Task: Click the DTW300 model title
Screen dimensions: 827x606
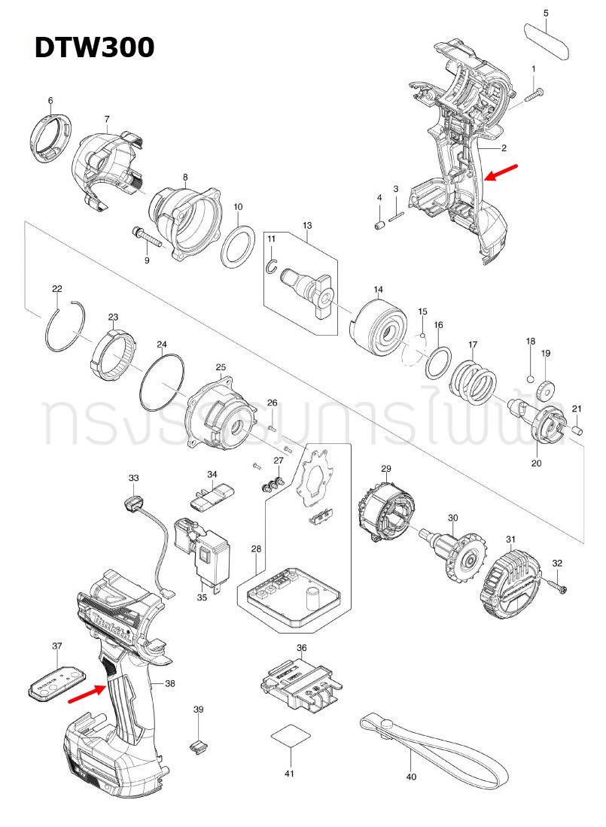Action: pyautogui.click(x=94, y=47)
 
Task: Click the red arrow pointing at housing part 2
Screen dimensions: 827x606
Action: pyautogui.click(x=501, y=172)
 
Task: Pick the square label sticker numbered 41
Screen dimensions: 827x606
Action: pyautogui.click(x=289, y=735)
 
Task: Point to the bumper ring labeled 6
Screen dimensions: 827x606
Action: pyautogui.click(x=51, y=136)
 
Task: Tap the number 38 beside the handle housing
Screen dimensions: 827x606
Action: pyautogui.click(x=169, y=683)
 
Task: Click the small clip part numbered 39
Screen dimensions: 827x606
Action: pyautogui.click(x=197, y=746)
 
